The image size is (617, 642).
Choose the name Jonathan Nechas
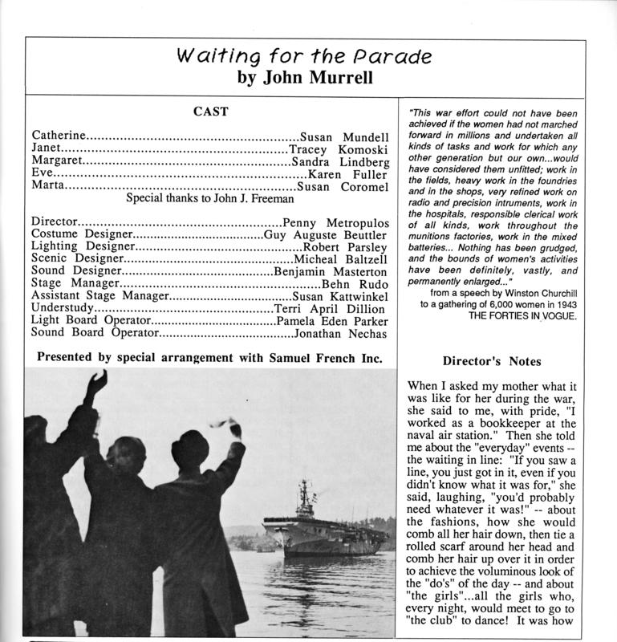(341, 333)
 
